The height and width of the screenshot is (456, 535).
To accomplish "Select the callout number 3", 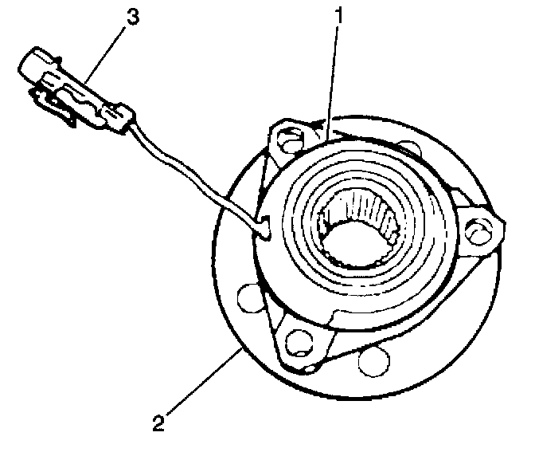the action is pos(134,17).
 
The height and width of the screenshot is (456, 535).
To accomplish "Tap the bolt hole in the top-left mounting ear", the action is pos(288,140).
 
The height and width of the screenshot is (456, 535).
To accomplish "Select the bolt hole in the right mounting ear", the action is pos(478,232).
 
